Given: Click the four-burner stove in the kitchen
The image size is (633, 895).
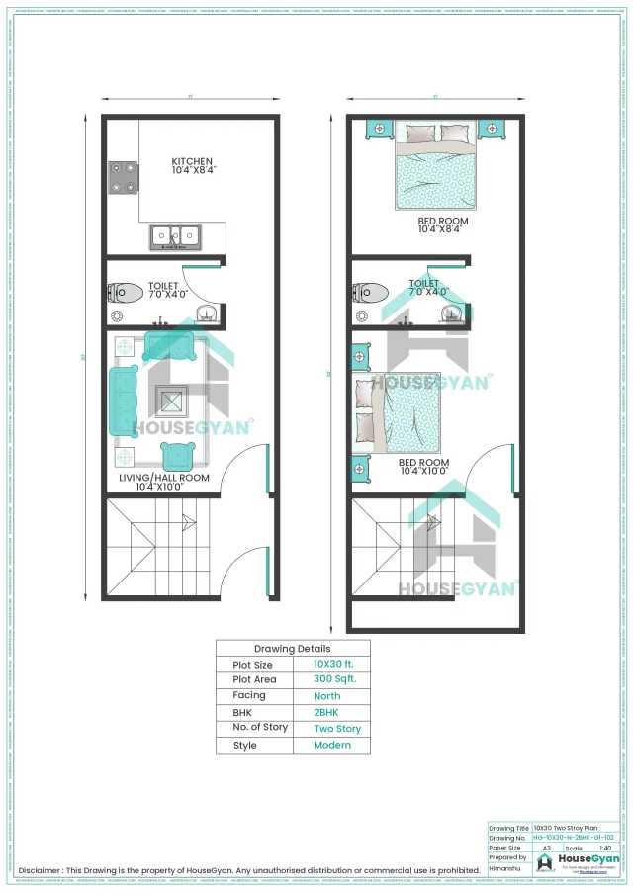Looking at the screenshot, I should click(x=123, y=178).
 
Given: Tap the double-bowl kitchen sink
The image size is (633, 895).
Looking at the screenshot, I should click(x=175, y=236).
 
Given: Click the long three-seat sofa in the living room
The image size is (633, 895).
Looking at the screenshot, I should click(x=124, y=401).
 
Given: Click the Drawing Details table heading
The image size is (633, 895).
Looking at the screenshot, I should click(x=293, y=649).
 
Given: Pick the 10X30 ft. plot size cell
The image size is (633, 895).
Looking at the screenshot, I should click(x=331, y=664).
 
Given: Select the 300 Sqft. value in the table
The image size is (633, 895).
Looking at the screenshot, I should click(x=331, y=679).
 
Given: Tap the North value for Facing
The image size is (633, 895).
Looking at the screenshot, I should click(x=331, y=696).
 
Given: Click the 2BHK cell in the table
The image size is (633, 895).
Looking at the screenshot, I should click(x=331, y=712).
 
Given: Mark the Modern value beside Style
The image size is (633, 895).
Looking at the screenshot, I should click(x=331, y=745).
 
